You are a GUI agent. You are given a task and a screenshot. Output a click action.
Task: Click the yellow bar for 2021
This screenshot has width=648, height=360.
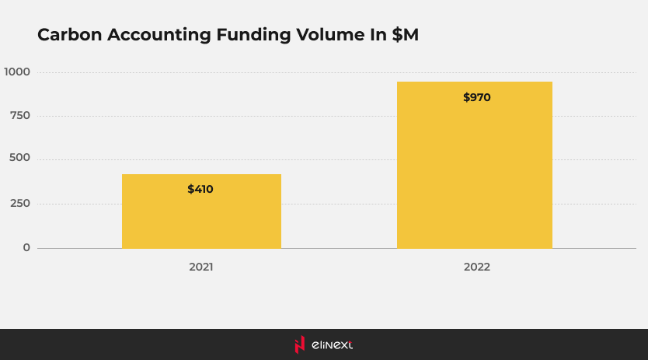[x=201, y=211]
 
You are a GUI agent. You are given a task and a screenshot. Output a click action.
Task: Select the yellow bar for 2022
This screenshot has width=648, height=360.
[x=474, y=165]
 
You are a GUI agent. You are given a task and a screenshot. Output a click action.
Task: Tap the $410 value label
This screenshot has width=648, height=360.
[x=200, y=189]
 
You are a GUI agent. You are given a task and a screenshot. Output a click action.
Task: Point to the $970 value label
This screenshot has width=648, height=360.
[x=476, y=98]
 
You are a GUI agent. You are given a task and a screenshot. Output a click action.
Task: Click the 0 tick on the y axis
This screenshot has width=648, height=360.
[x=26, y=247]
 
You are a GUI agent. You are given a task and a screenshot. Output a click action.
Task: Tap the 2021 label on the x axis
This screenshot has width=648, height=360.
[x=200, y=267]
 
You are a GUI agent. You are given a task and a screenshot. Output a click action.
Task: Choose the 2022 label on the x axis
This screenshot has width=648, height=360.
[x=477, y=267]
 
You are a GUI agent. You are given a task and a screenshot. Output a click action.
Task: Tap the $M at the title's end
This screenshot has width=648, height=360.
[x=405, y=35]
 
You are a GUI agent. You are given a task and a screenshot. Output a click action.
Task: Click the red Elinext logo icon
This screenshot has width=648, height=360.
[x=299, y=344]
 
